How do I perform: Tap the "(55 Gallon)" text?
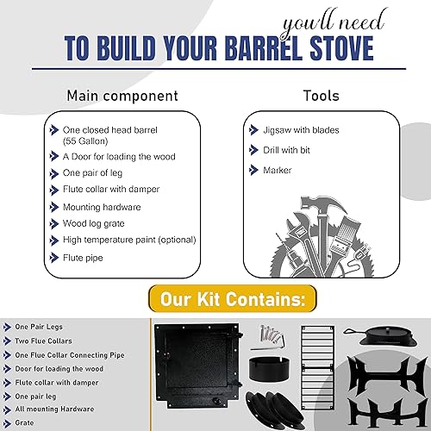(x=87, y=141)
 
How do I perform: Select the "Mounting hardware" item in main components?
(x=101, y=207)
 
